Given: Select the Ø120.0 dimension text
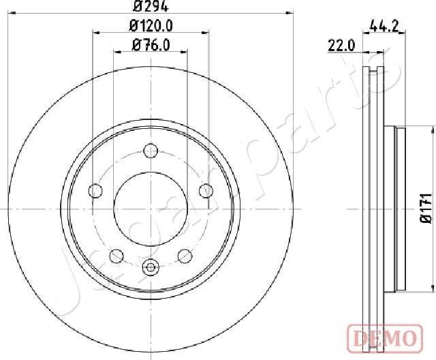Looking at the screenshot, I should coord(150,26).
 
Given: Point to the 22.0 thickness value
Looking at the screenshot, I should coord(342,46).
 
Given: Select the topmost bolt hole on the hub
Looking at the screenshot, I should coord(151,151).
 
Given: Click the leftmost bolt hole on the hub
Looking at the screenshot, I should coord(96,191).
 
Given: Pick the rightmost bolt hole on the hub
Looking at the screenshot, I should coord(204,191).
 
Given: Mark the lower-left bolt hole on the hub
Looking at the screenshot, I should coord(116,237).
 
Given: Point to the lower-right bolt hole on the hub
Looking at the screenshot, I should coord(184,237).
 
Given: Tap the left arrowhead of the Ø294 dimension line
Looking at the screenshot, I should coord(10,12).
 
